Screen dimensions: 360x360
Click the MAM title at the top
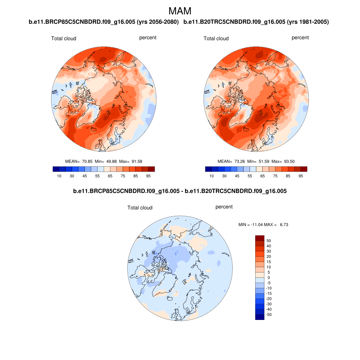coord(180,11)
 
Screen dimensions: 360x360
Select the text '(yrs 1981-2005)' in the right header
coord(308,22)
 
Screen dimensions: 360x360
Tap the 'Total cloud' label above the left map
coord(64,38)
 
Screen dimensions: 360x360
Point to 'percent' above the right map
coord(300,38)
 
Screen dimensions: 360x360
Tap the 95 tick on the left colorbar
coord(148,176)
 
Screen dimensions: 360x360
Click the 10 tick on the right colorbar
coord(212,176)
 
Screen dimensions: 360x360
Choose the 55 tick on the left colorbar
coord(97,176)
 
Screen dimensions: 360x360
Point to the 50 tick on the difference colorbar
coord(269,241)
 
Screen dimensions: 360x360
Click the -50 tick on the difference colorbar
coord(269,315)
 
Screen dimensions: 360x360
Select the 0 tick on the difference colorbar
coord(269,278)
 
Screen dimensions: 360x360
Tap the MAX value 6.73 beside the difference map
coord(284,224)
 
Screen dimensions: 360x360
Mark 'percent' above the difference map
coord(224,207)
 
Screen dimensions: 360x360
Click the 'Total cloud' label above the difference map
coord(140,208)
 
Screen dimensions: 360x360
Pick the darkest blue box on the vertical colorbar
coord(259,317)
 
